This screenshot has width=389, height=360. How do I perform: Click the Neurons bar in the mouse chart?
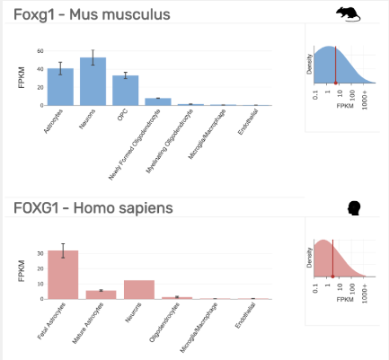(x=93, y=82)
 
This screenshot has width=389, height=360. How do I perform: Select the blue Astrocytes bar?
(x=60, y=87)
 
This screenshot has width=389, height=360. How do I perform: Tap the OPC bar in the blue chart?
(x=126, y=91)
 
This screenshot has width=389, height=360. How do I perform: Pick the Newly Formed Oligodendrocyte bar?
(x=158, y=101)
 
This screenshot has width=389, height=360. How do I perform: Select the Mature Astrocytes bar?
(x=101, y=294)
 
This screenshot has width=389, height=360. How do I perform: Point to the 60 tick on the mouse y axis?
(x=40, y=51)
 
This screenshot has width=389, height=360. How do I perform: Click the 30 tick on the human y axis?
(x=40, y=253)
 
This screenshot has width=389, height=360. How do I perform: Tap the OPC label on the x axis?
(x=121, y=115)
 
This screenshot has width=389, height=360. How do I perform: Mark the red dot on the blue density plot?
(x=335, y=83)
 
